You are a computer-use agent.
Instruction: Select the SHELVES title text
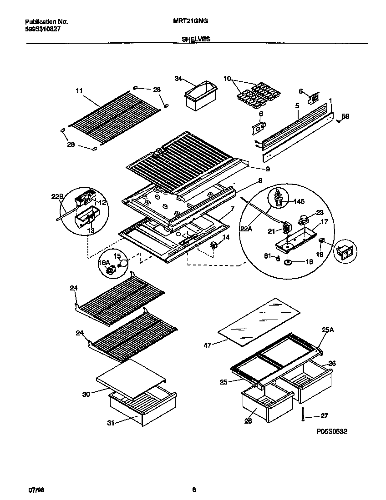[196, 40]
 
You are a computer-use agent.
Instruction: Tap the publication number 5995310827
[42, 29]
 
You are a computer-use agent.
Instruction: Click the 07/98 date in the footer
[36, 490]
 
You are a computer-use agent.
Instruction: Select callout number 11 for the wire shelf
[79, 91]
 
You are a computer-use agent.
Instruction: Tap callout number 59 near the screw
[345, 117]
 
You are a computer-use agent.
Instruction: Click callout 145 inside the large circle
[299, 201]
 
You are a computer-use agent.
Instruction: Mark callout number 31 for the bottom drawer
[111, 423]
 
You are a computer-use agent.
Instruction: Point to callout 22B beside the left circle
[56, 196]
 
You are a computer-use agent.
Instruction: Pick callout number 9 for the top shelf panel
[268, 170]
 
